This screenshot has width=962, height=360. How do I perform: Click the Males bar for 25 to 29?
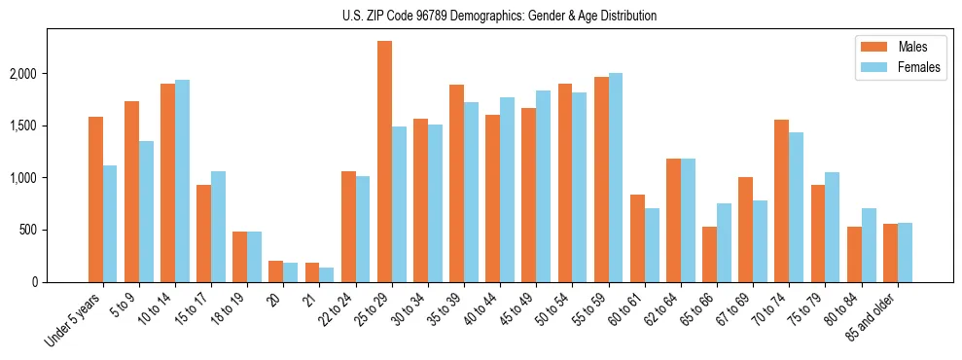point(385,162)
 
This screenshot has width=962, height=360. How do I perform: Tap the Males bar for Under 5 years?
point(95,199)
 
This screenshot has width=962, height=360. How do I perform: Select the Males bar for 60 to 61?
point(638,238)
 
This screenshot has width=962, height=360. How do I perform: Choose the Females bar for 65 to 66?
point(725,243)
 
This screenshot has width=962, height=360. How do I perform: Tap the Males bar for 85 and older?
point(891,253)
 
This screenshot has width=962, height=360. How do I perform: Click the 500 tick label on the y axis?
point(54,231)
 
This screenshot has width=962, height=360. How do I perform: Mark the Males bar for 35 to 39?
point(457,184)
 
